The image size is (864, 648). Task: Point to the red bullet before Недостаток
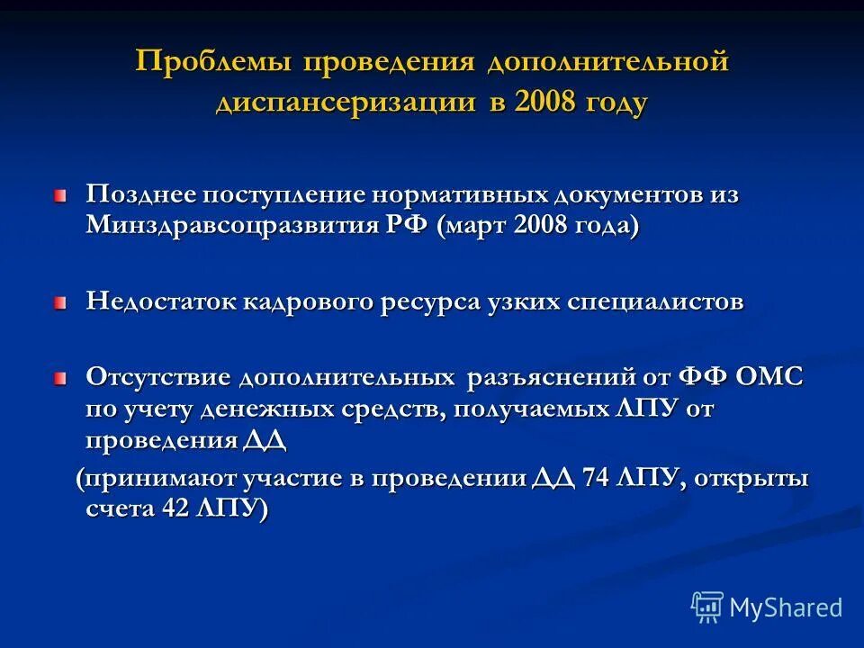coord(59,303)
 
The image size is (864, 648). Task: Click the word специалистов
coord(654,301)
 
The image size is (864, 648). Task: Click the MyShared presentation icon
coord(707,607)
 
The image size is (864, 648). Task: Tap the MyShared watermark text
coord(786,607)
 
